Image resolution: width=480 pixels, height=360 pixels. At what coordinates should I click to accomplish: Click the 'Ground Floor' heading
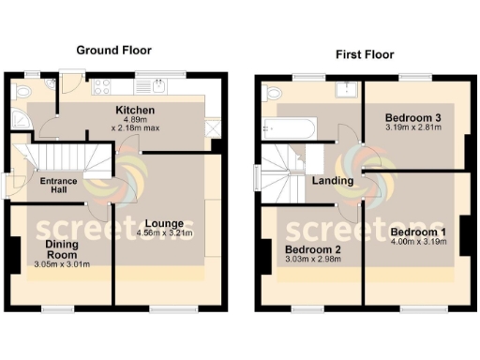(x=113, y=50)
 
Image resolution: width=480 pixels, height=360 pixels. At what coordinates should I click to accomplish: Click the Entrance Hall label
(x=57, y=186)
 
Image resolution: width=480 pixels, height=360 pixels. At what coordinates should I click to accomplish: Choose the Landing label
(x=333, y=181)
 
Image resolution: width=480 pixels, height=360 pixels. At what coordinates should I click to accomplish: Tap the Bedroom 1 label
(x=418, y=232)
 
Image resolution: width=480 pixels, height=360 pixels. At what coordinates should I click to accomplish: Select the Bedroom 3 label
(x=413, y=117)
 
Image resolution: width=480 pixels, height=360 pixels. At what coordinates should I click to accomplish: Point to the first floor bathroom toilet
(x=273, y=93)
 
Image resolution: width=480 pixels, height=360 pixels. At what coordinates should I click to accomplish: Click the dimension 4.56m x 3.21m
(x=165, y=233)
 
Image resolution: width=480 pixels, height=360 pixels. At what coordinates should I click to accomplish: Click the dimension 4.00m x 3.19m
(x=418, y=242)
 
